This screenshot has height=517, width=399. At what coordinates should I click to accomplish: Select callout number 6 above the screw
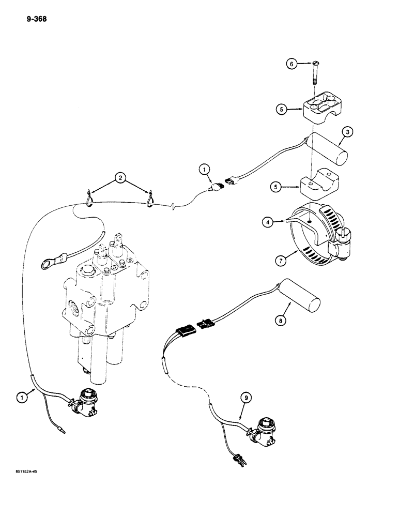(x=292, y=64)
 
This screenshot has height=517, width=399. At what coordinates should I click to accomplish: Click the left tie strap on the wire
(x=89, y=198)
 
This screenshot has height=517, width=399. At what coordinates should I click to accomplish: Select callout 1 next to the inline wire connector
(x=204, y=169)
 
